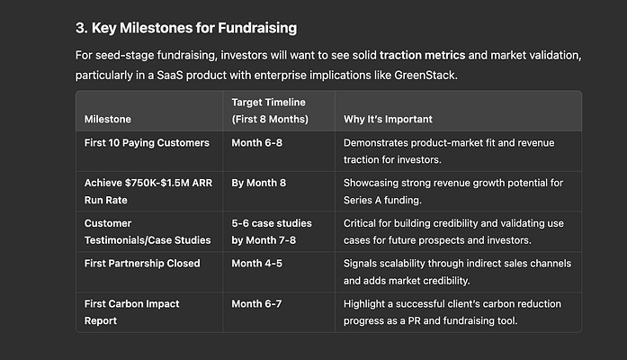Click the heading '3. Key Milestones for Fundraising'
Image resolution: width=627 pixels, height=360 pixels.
pyautogui.click(x=186, y=28)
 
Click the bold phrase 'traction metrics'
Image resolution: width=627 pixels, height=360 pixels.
pyautogui.click(x=422, y=55)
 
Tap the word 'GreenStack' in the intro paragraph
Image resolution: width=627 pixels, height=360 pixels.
pyautogui.click(x=425, y=76)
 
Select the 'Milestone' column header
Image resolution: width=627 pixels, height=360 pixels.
pyautogui.click(x=108, y=119)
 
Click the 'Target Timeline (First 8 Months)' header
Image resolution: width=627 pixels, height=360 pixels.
pyautogui.click(x=270, y=111)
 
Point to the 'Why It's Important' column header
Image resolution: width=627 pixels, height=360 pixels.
pyautogui.click(x=388, y=119)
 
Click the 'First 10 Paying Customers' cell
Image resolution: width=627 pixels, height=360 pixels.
pyautogui.click(x=147, y=143)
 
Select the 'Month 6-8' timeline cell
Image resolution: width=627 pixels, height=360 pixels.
pyautogui.click(x=256, y=143)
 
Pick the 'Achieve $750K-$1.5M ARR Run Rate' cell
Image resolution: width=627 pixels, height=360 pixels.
pyautogui.click(x=148, y=191)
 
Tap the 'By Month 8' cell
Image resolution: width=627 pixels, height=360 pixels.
pyautogui.click(x=259, y=183)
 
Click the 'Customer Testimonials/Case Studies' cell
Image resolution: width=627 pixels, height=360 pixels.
pyautogui.click(x=148, y=231)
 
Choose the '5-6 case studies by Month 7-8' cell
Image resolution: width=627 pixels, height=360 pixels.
pyautogui.click(x=272, y=231)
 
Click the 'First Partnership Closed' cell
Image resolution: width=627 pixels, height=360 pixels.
pyautogui.click(x=142, y=263)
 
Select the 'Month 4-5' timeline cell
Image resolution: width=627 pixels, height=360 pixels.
pyautogui.click(x=256, y=263)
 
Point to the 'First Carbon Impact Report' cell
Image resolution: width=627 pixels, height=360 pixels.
pyautogui.click(x=131, y=312)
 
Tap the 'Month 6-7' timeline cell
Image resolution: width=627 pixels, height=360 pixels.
pyautogui.click(x=256, y=304)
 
